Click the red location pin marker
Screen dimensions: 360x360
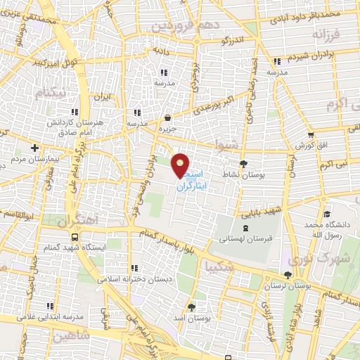181,165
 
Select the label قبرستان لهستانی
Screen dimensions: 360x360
246,239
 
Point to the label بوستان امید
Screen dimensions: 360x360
193,319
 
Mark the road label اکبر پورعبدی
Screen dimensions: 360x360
214,106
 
